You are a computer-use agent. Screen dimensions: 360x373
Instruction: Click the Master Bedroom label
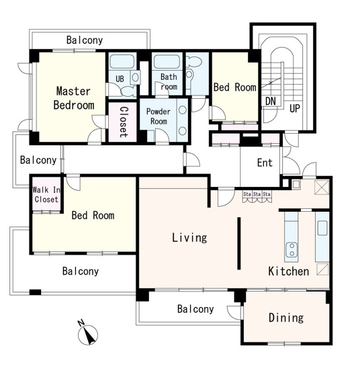74,98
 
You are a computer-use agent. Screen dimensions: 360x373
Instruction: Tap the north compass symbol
87,333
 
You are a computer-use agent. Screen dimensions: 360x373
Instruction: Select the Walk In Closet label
46,195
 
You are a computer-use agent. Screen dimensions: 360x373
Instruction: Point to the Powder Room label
159,116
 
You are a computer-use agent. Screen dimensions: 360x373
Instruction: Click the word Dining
286,318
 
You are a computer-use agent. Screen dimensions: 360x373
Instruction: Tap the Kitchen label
289,272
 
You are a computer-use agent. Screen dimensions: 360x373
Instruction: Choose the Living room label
189,238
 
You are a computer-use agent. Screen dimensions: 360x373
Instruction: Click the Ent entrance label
265,163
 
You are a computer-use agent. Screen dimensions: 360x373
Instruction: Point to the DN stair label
271,101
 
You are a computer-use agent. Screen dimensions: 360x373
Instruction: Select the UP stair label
295,108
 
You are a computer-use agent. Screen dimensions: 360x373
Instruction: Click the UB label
120,79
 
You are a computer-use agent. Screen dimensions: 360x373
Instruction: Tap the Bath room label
169,81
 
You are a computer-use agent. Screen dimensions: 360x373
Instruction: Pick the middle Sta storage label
257,194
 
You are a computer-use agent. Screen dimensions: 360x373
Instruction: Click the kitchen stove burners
291,250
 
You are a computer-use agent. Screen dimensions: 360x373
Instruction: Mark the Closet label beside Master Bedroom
124,122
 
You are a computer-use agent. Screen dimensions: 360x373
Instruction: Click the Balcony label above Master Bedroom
85,40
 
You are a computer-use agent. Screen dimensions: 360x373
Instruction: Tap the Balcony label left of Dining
195,309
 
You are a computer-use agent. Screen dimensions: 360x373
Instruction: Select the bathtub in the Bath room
167,62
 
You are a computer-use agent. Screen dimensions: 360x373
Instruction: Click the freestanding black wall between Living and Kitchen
238,243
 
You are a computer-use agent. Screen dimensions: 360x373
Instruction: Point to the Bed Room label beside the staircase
235,87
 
